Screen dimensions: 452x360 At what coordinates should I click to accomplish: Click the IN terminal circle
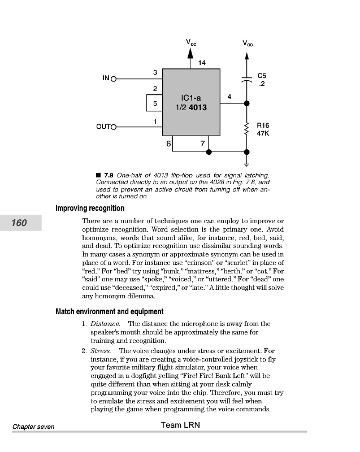click(x=113, y=79)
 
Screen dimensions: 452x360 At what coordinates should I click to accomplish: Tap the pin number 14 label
click(x=202, y=62)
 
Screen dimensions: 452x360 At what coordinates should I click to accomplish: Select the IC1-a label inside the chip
click(x=191, y=98)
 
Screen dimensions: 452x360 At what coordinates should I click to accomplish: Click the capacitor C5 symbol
click(x=246, y=79)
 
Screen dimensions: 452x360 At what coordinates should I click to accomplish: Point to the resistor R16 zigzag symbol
click(x=246, y=129)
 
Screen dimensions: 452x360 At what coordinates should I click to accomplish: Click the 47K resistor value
click(x=263, y=134)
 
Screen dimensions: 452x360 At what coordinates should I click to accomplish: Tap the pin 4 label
click(x=229, y=97)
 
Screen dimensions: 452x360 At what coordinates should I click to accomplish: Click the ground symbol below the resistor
click(x=246, y=164)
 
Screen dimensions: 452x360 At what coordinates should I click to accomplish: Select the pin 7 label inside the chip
click(x=202, y=144)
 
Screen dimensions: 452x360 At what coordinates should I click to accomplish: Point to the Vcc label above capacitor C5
click(x=248, y=43)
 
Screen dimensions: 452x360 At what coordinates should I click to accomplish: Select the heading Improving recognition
click(x=90, y=208)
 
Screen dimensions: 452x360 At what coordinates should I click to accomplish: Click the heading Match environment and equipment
click(x=110, y=311)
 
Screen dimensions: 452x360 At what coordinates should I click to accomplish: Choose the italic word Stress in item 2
click(x=101, y=351)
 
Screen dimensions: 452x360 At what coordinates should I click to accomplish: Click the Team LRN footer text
click(x=180, y=425)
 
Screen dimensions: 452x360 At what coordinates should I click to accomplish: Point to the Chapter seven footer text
click(x=33, y=427)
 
